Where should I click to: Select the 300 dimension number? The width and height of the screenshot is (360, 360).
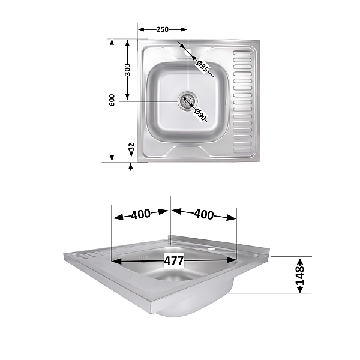click(127, 70)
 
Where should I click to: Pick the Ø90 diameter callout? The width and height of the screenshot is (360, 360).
click(200, 114)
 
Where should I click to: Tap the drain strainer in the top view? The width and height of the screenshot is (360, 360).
click(187, 101)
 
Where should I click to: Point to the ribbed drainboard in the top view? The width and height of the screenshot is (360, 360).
click(243, 99)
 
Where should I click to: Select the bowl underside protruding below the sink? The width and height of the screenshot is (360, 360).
click(192, 306)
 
